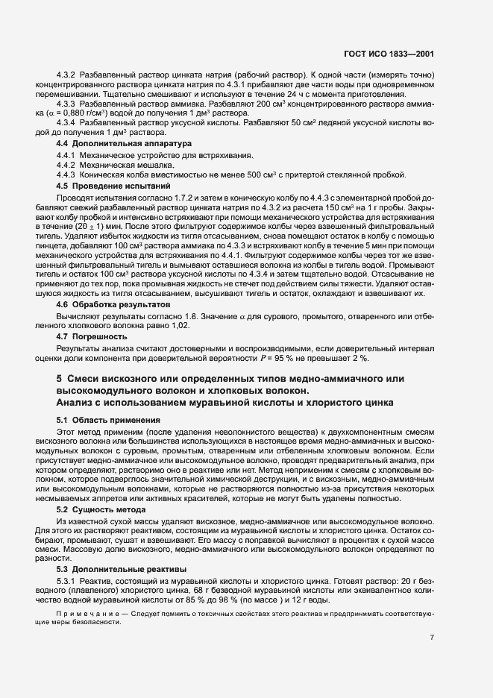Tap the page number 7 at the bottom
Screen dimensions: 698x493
pyautogui.click(x=453, y=638)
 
